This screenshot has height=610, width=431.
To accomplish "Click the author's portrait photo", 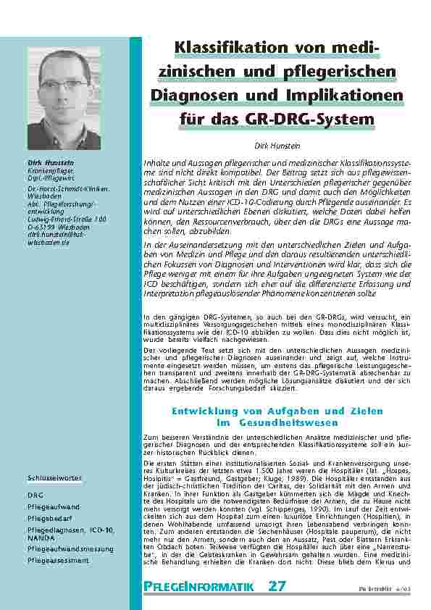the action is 64,99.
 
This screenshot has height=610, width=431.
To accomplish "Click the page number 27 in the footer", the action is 277,586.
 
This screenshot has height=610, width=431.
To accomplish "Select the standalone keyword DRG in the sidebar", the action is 35,495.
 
